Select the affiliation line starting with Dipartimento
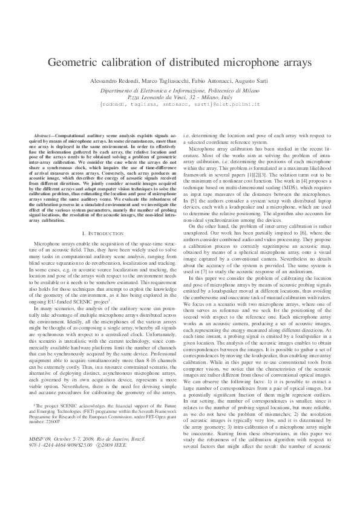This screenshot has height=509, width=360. pos(180,89)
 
